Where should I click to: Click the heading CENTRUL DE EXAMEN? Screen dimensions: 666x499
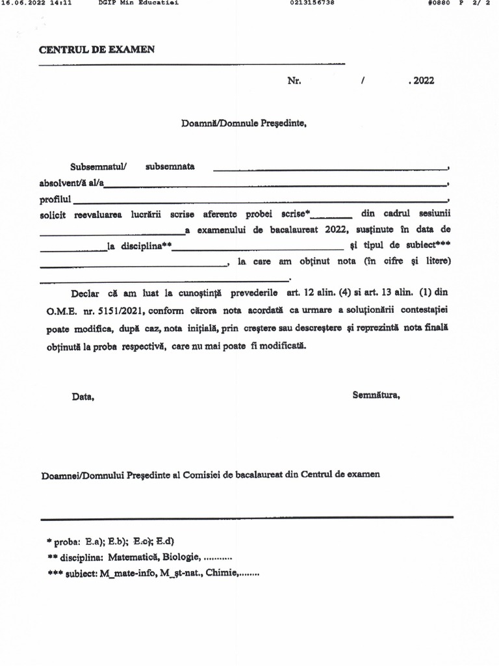(x=97, y=50)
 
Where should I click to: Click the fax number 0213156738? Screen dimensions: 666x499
(x=313, y=3)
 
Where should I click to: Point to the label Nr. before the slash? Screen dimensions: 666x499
(x=294, y=81)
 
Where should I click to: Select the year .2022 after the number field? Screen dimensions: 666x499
(x=421, y=81)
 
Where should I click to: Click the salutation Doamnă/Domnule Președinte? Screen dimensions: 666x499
(x=244, y=122)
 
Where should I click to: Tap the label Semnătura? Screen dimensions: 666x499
(x=376, y=395)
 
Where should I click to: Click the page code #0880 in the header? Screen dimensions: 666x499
(x=439, y=3)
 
